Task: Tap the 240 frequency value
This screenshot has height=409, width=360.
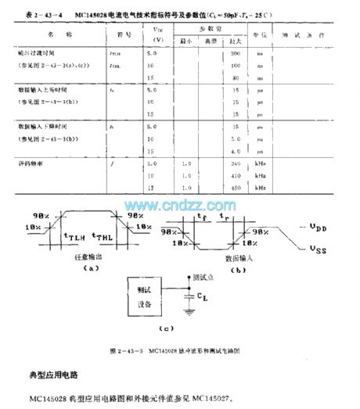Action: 234,163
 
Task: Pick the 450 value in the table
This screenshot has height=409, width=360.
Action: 234,188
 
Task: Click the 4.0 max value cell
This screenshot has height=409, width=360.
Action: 234,150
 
